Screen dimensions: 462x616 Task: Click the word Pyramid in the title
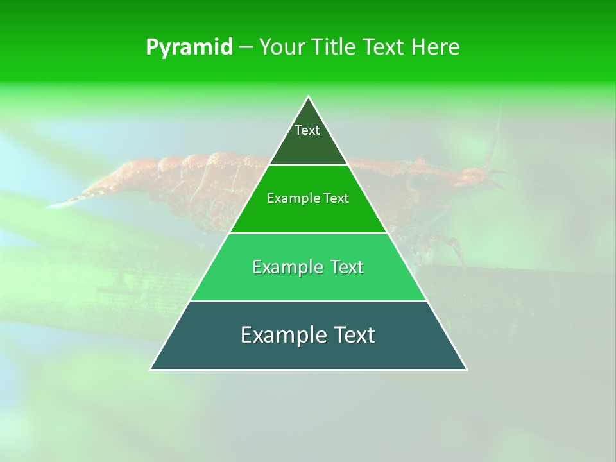point(189,47)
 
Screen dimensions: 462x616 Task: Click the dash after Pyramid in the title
point(246,47)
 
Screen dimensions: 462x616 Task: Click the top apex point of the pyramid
point(309,96)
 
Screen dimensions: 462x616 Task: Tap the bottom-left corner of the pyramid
point(150,370)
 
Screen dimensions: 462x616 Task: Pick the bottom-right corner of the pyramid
point(467,370)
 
